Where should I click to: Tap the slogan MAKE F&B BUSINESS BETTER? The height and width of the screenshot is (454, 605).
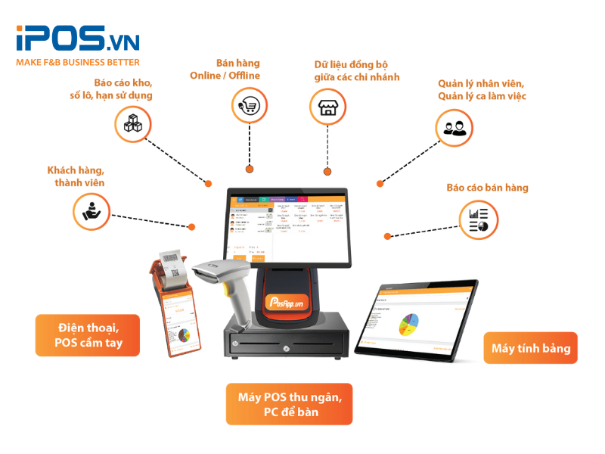coord(77,62)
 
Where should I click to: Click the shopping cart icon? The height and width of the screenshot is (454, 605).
coord(249,105)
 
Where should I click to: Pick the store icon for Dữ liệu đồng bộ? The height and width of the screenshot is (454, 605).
coord(327,107)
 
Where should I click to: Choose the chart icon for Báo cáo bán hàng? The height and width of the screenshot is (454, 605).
coord(479,219)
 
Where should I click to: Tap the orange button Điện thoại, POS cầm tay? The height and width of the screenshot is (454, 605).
coord(88,335)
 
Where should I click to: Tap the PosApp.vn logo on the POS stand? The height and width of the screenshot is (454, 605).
coord(289,300)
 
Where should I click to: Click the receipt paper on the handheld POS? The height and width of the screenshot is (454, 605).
coord(175,269)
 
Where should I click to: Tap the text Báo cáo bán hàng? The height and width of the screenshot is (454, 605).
coord(487,188)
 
